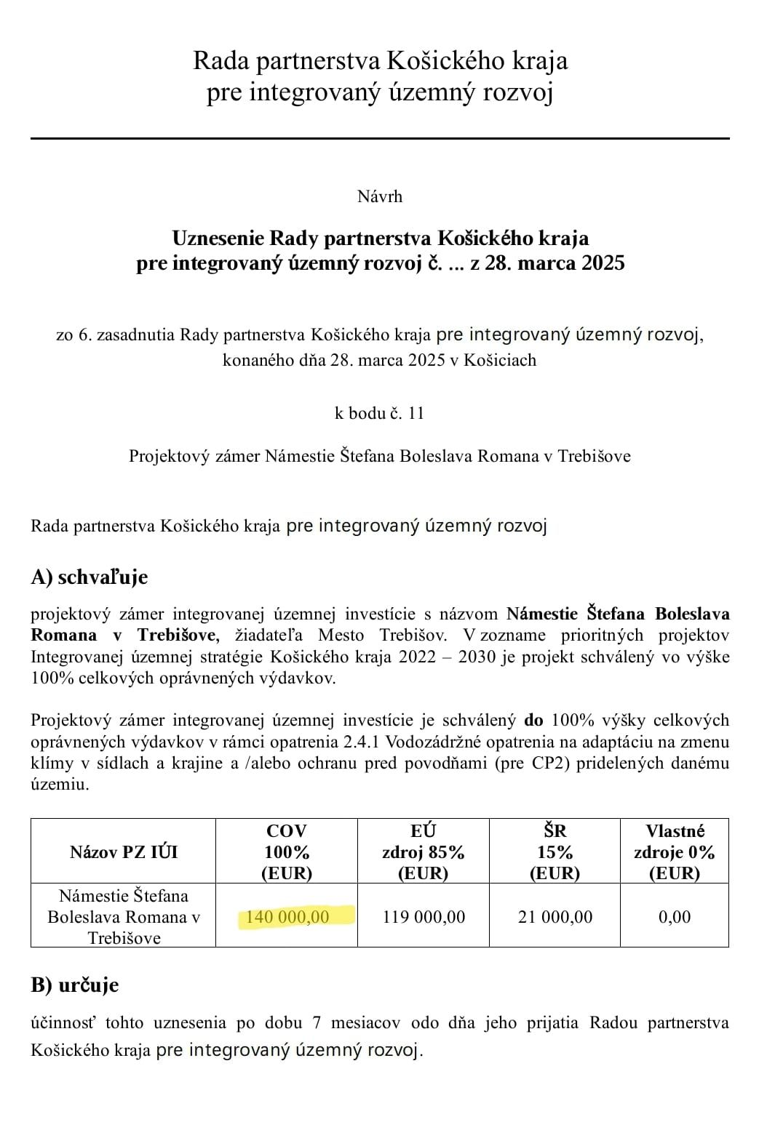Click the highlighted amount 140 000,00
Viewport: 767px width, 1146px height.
(x=288, y=916)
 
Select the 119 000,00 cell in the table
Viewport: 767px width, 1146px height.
(x=424, y=916)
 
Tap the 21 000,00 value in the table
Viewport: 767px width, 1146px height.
(x=555, y=916)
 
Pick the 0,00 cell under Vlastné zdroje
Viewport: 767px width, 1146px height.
(x=675, y=916)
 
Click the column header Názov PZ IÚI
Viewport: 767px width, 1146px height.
(x=123, y=852)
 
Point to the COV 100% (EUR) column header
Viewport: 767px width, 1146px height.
(x=287, y=852)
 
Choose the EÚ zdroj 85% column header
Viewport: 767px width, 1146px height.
(x=424, y=852)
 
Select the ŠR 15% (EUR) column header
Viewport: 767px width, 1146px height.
(x=555, y=852)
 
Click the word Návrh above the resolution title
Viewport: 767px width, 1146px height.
(x=380, y=196)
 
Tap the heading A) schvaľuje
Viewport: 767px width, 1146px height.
(x=89, y=577)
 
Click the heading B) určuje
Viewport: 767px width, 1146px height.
(x=74, y=985)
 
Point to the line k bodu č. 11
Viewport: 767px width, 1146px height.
(x=379, y=413)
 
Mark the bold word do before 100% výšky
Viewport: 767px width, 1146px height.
(x=533, y=721)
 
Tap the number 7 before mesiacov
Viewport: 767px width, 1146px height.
(x=317, y=1022)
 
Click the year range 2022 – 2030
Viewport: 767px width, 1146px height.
(x=447, y=657)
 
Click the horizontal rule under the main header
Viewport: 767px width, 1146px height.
(x=380, y=138)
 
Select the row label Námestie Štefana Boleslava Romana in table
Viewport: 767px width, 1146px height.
(x=123, y=916)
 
